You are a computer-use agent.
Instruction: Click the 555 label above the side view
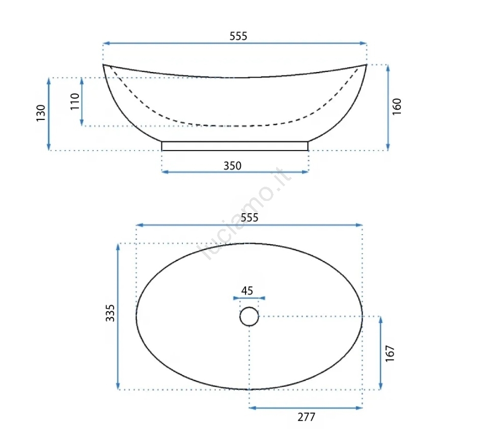238,36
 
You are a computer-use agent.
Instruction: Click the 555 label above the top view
250,217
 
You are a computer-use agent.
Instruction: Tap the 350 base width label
232,165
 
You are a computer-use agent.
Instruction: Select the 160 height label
397,107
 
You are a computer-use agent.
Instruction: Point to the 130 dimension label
41,113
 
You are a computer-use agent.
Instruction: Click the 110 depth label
75,101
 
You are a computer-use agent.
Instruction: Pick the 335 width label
110,313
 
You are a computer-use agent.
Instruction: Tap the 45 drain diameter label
247,291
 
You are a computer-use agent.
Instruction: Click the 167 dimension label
390,354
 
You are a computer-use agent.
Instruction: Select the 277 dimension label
306,417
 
